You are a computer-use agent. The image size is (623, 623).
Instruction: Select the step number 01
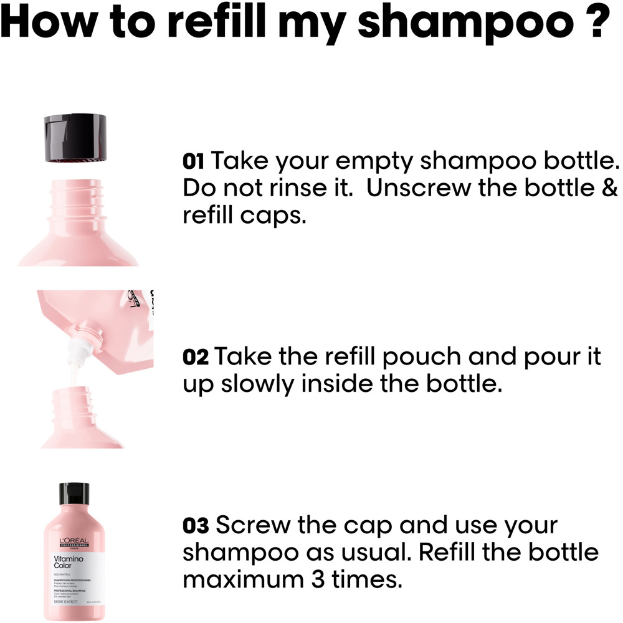tap(194, 162)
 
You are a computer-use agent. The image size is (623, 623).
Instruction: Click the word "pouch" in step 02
tap(425, 358)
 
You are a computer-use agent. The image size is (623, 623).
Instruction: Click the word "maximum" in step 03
tap(249, 579)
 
